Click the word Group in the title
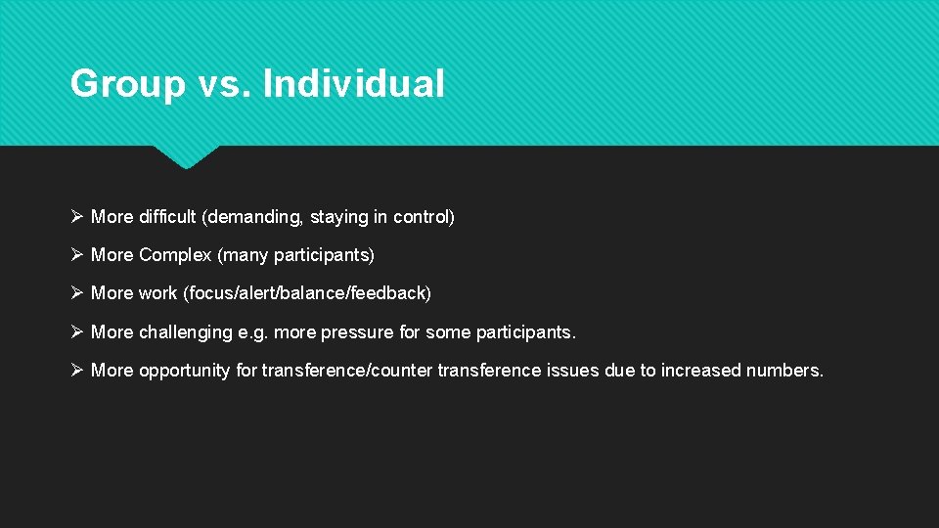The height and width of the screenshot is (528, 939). [x=127, y=84]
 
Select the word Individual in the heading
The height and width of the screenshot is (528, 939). [x=353, y=84]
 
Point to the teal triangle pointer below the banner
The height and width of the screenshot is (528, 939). [x=186, y=156]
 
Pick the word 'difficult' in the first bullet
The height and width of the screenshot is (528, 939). [x=167, y=217]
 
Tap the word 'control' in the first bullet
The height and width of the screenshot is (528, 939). [x=421, y=217]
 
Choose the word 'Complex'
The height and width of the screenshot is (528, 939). [x=175, y=255]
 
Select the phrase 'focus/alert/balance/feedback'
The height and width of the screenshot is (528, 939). [x=306, y=293]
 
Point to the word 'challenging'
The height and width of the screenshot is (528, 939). [x=185, y=332]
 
